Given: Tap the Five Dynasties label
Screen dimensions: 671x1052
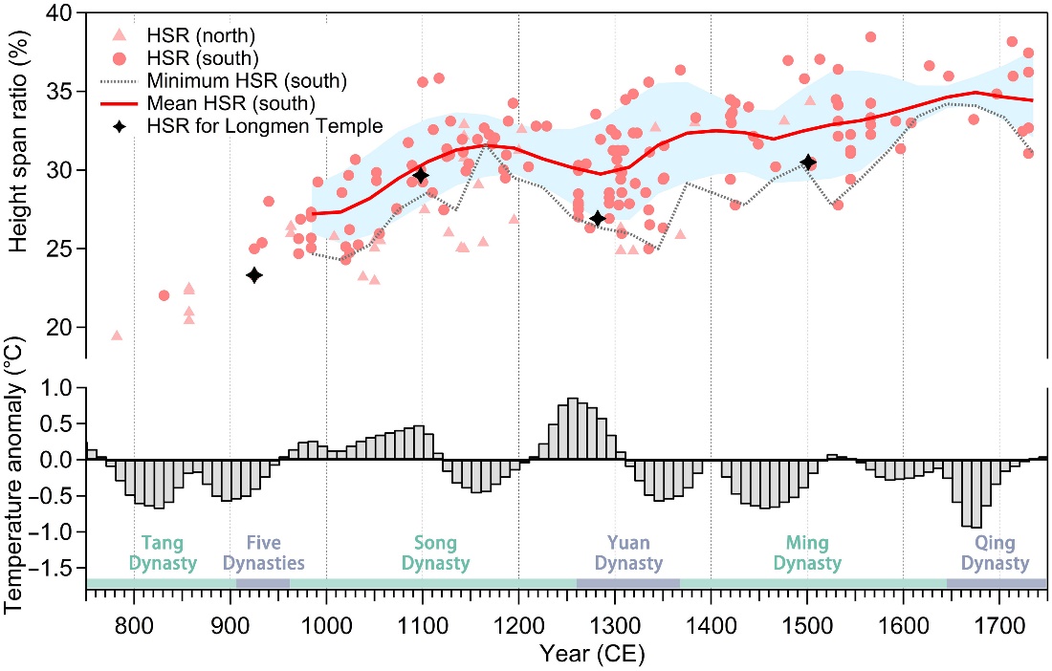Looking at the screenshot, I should tap(263, 552).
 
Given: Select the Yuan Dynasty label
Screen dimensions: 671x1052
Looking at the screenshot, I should tap(627, 552).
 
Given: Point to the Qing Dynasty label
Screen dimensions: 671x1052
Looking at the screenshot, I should tap(996, 552).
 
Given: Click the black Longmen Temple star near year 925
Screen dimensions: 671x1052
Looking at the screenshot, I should tap(254, 275).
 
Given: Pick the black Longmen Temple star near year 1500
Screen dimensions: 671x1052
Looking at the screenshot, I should tap(808, 162).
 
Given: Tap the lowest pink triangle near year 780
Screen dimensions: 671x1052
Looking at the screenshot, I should tap(117, 335).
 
